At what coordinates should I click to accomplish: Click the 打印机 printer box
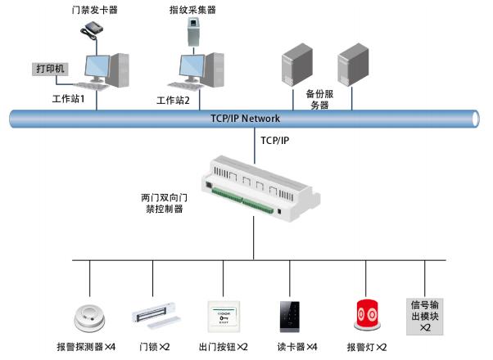pos(51,68)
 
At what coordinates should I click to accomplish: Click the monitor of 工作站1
pos(92,67)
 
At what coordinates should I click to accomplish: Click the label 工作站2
pos(173,101)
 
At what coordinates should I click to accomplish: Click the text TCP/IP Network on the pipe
pos(245,118)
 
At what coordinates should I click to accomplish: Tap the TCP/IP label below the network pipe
pos(274,140)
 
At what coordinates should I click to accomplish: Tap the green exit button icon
pos(223,316)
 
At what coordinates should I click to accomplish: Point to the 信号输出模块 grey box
pos(425,315)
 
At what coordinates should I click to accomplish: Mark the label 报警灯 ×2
pos(367,347)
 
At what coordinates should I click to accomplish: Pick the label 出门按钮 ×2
pos(223,347)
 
